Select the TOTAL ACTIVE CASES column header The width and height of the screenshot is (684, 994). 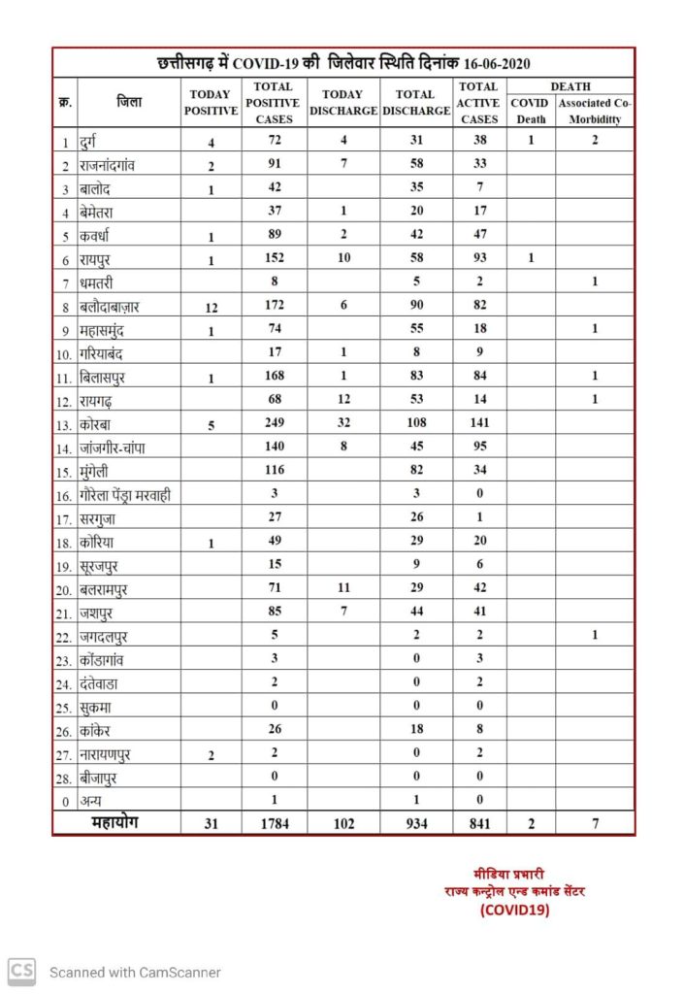pos(479,103)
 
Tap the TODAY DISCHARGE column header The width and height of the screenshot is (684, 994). pos(342,103)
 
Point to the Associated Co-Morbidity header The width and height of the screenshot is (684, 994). pos(594,111)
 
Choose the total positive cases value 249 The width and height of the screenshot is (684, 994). pos(275,423)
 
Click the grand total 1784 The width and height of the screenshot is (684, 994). pos(275,824)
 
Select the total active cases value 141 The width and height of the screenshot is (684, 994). pos(478,423)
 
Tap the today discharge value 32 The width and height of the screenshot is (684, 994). pos(342,423)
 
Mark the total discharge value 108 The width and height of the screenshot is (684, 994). pos(414,423)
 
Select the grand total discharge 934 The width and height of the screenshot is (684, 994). pos(414,824)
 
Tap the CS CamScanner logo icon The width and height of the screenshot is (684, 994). pos(22,971)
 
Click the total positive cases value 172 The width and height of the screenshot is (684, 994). pos(275,307)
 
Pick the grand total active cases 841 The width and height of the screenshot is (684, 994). pos(478,824)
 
